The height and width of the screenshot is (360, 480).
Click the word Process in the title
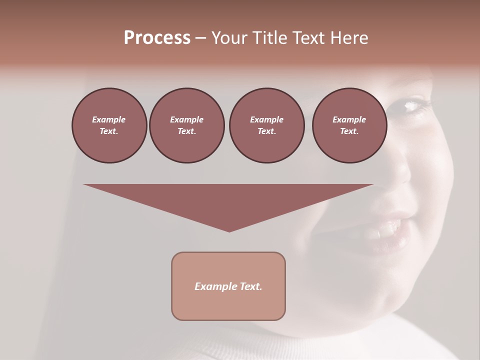click(157, 38)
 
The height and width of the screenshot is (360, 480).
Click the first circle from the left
click(109, 125)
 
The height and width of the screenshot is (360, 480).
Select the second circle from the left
click(186, 125)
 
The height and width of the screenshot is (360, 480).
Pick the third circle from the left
click(266, 125)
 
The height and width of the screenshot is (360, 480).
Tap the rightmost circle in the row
click(349, 125)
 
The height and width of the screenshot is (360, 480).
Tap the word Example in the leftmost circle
click(109, 119)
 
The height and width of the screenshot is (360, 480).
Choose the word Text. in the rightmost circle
click(349, 131)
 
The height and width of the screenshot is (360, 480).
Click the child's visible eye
click(413, 105)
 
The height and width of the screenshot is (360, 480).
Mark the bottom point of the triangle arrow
click(229, 231)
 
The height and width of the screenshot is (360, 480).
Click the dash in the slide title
click(200, 38)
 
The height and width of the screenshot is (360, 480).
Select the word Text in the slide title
click(307, 38)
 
